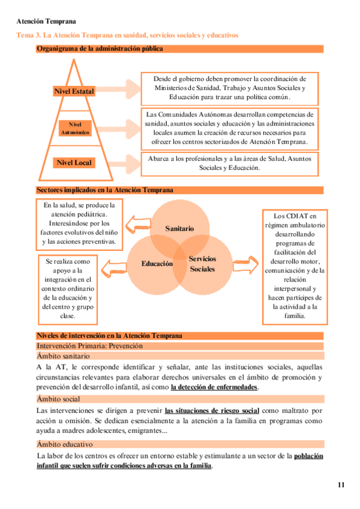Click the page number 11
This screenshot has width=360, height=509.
(341, 485)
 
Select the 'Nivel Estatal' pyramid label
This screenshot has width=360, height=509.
(74, 91)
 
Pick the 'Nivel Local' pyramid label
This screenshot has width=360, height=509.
(74, 163)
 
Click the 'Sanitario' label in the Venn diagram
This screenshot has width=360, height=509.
(179, 229)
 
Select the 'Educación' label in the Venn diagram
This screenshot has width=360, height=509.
(157, 264)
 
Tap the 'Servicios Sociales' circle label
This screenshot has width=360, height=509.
(202, 264)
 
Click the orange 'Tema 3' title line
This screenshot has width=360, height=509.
(127, 36)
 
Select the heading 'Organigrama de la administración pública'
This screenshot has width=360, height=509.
(99, 48)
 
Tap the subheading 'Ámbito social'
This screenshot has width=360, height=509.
(58, 399)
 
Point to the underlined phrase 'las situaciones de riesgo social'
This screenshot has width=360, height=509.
(212, 411)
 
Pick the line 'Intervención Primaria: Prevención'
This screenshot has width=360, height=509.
(90, 346)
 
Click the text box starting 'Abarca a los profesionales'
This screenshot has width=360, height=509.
(230, 163)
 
